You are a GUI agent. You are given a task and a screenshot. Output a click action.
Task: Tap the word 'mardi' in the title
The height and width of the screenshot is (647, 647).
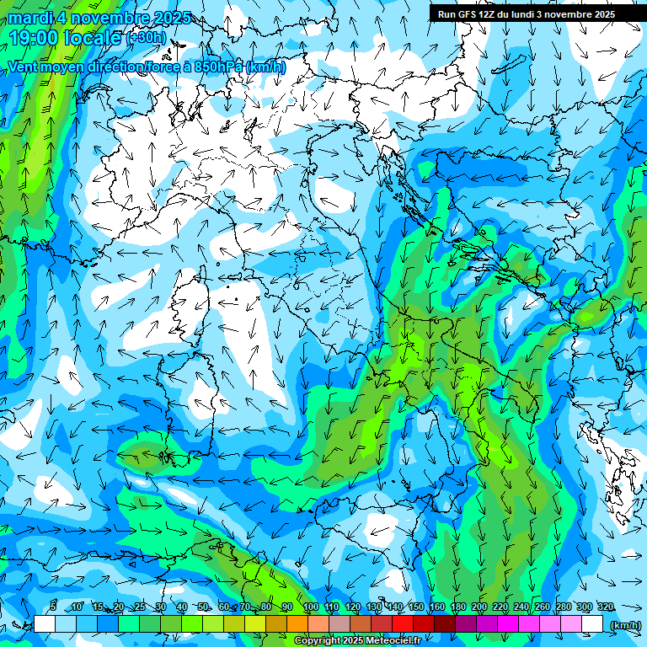30,18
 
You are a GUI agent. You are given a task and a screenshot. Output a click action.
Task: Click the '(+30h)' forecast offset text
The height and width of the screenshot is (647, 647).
147,37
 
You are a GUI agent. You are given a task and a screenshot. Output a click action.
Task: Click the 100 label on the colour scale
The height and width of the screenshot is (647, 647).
310,607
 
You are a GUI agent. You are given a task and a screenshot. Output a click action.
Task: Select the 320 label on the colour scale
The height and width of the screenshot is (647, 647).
605,607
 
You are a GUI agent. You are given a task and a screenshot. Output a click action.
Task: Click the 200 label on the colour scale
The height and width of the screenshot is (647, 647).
479,607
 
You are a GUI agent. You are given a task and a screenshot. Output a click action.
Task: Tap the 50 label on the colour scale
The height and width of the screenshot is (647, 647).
203,607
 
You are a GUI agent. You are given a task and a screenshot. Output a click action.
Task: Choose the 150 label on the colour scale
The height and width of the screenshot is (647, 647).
415,607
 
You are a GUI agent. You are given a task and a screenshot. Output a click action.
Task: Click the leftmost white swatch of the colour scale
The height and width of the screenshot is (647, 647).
45,623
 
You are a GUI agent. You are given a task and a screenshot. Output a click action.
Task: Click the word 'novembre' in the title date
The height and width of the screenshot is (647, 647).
107,18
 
